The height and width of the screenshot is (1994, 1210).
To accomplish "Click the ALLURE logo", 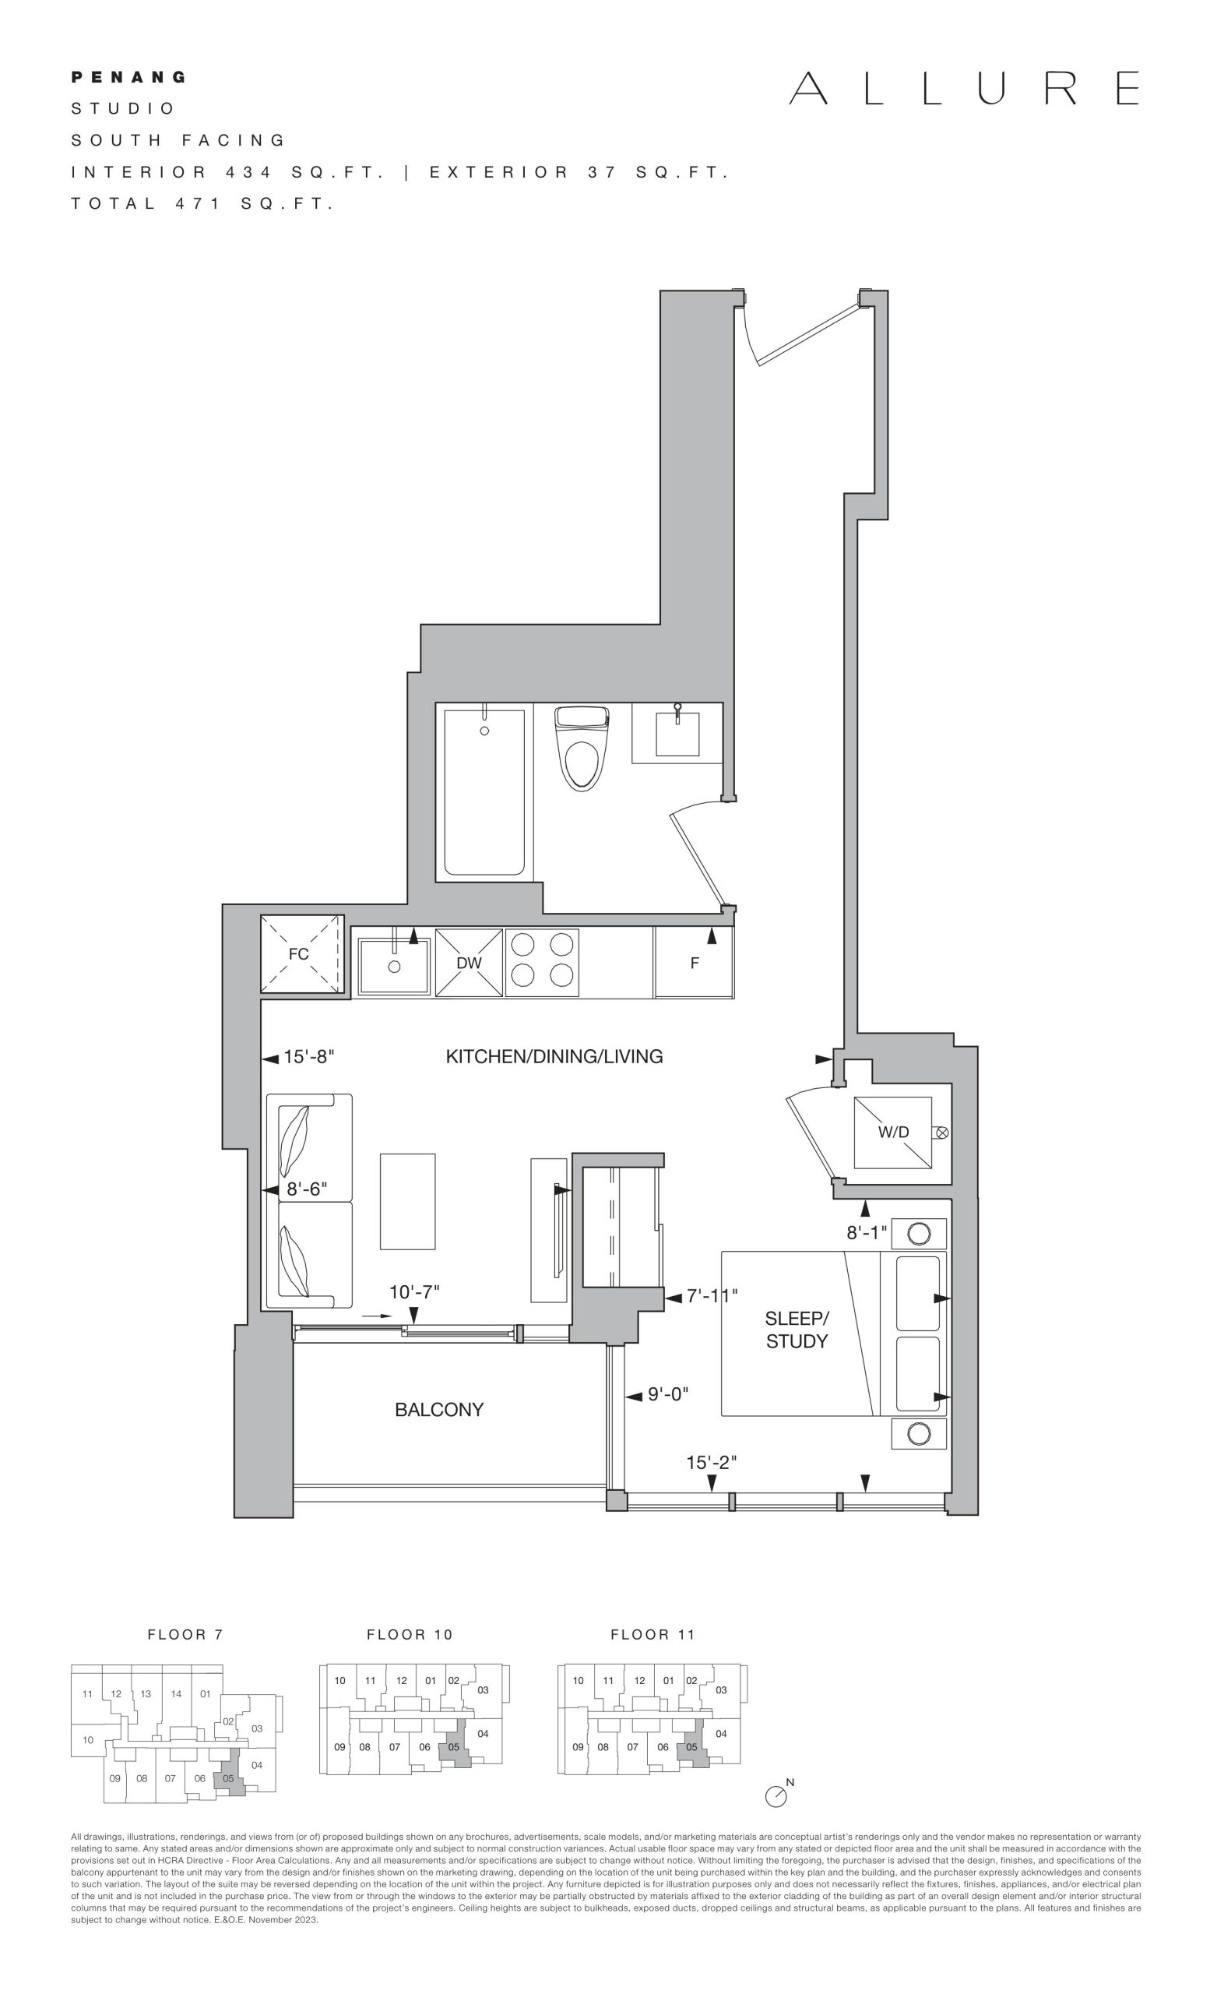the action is [x=964, y=88].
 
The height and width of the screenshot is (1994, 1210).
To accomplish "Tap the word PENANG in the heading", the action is [x=129, y=78].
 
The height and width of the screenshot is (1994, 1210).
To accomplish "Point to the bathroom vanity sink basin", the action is [x=677, y=733].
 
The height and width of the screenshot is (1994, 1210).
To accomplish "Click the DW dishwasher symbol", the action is [x=469, y=962].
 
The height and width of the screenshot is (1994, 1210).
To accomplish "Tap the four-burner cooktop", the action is [x=542, y=962].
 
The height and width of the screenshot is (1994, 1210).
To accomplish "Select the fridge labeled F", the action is [x=694, y=962].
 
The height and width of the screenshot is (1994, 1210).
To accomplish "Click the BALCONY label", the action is [x=439, y=1409].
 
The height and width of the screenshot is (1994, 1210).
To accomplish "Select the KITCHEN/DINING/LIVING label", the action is [x=554, y=1056].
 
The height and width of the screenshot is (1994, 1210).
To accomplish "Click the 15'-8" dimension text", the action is [x=308, y=1057].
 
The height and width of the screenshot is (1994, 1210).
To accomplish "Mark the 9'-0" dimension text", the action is [x=668, y=1394].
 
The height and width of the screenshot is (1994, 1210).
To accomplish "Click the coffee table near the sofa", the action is [x=408, y=1202].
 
